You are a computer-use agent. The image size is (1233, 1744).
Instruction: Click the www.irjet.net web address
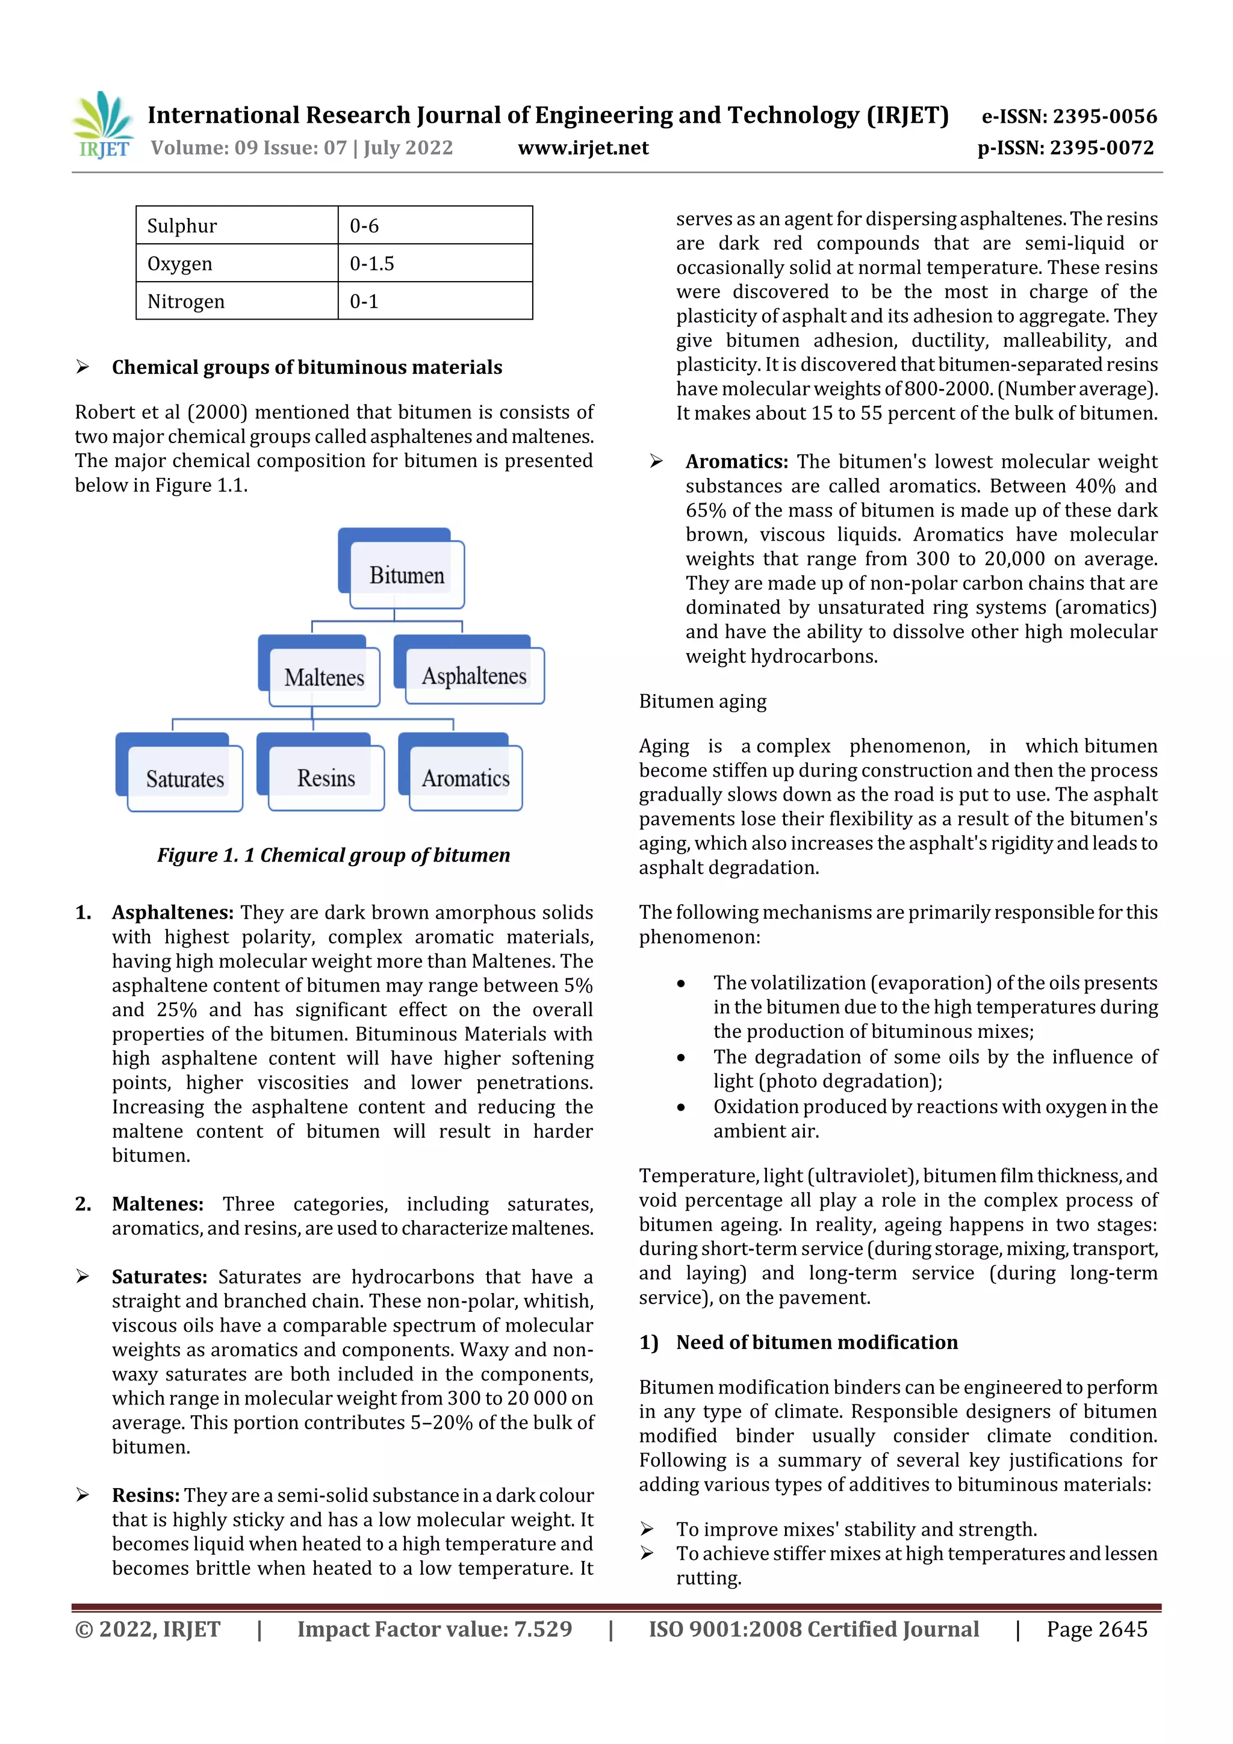point(583,147)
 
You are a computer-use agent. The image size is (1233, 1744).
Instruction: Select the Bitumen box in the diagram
point(406,574)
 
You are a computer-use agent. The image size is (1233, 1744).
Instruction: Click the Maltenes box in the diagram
point(324,677)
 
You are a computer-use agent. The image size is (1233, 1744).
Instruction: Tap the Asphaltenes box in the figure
point(474,675)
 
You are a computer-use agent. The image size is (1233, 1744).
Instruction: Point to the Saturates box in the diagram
point(185,778)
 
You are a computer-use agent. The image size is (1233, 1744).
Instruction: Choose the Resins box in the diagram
point(326,778)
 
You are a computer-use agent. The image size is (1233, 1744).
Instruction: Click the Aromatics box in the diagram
point(466,778)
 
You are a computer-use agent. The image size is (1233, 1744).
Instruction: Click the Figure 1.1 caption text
point(334,855)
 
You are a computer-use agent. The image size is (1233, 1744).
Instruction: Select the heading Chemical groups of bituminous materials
point(307,368)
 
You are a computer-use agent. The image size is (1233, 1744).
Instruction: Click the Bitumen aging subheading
point(702,701)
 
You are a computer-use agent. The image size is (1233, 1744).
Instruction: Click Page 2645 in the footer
point(1096,1628)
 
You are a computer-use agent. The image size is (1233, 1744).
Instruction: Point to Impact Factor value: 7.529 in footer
point(434,1628)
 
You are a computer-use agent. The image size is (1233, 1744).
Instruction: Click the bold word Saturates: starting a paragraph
point(159,1277)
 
